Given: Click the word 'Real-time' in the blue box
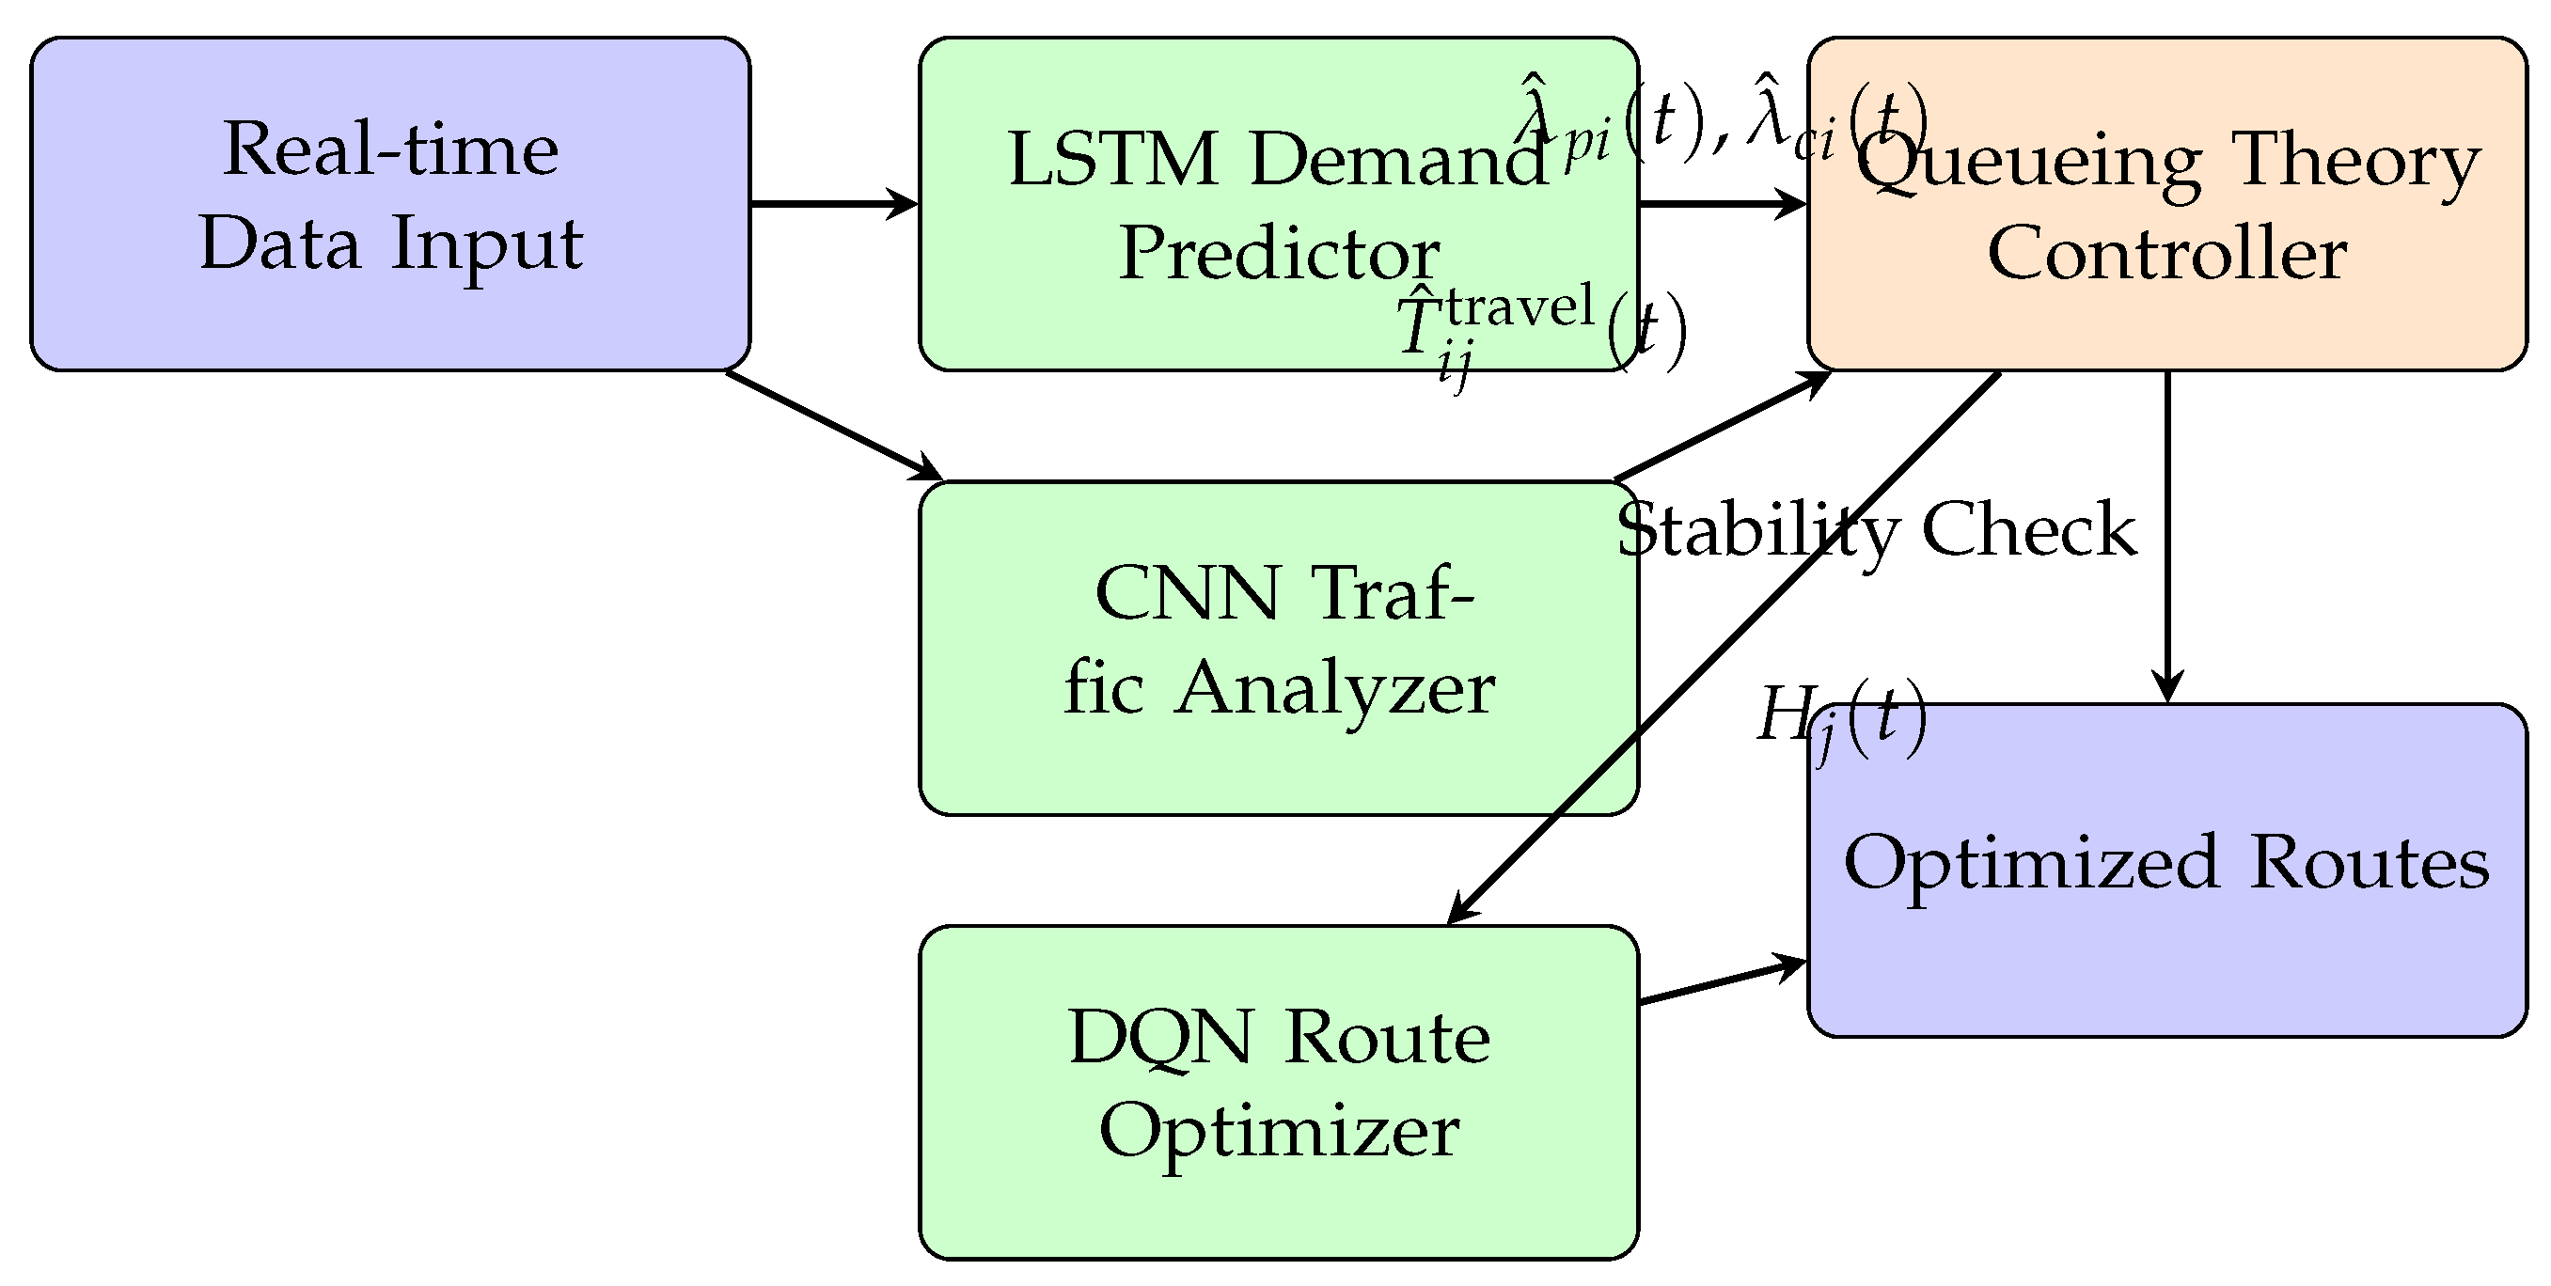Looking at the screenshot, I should (390, 149).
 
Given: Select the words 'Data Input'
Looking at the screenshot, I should (390, 243).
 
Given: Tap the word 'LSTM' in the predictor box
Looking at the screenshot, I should (1111, 160).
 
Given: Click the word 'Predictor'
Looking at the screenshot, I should (1279, 254).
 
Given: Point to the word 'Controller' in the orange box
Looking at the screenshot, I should (2166, 254).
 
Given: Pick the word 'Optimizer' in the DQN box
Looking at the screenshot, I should (1279, 1132).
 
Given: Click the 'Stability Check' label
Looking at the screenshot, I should (1877, 529).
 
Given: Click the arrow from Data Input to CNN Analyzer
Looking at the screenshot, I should (832, 425).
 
